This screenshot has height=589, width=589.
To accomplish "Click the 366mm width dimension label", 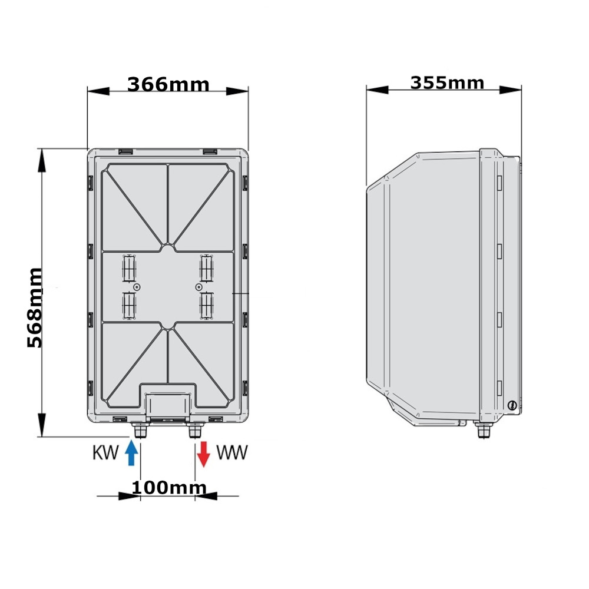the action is tap(168, 84).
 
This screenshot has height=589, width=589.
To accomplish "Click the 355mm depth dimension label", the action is tap(447, 83).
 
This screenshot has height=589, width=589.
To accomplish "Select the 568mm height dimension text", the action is tap(35, 308).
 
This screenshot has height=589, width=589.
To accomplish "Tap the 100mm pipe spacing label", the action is tap(169, 488).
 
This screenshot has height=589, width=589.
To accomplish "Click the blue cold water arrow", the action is tap(131, 453).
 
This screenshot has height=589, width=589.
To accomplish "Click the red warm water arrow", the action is tap(203, 454).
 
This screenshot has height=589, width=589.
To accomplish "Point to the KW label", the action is tap(105, 452).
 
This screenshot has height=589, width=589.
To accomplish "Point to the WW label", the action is tap(232, 452).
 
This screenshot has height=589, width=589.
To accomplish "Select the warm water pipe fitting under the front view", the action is tap(195, 430).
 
